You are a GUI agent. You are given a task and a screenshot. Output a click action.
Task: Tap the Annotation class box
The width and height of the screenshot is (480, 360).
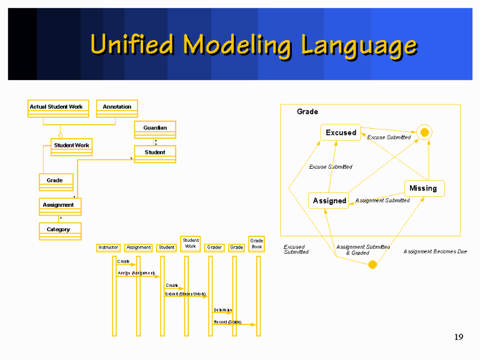point(117,108)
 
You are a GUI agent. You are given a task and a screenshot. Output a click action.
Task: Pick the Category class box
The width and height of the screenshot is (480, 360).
point(59,231)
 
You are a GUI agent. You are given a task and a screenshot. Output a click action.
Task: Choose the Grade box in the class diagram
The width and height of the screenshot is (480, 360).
point(56,182)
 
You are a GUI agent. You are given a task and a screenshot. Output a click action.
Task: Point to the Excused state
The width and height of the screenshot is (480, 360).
point(341,132)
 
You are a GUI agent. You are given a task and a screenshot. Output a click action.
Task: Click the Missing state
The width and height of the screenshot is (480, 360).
point(423,188)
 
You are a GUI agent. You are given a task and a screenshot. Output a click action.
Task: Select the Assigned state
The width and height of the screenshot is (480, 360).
point(329,201)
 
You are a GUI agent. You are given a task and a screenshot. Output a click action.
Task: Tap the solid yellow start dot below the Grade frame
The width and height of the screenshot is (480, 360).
point(372,264)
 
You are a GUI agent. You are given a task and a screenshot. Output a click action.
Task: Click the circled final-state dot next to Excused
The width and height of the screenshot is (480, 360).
point(425,132)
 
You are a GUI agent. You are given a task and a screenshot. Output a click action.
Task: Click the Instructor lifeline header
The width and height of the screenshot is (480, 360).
point(108,247)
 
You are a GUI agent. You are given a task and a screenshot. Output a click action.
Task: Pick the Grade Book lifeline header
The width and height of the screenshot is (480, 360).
point(256,243)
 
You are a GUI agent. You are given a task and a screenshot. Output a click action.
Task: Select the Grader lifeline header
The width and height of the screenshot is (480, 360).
point(214,247)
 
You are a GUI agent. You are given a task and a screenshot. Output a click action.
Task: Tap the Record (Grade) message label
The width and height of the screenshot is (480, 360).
point(227,322)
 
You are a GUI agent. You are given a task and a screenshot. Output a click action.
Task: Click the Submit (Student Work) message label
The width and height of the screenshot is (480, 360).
point(185,294)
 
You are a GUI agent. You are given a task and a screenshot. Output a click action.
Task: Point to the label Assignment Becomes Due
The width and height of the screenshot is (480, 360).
point(435,251)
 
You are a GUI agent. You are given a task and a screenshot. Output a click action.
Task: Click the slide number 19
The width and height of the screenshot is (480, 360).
point(459,337)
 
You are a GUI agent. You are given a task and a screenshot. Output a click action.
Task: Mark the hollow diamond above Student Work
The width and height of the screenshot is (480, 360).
point(61,134)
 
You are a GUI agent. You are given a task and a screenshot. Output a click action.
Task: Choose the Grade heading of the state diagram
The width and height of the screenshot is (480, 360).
point(307,112)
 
